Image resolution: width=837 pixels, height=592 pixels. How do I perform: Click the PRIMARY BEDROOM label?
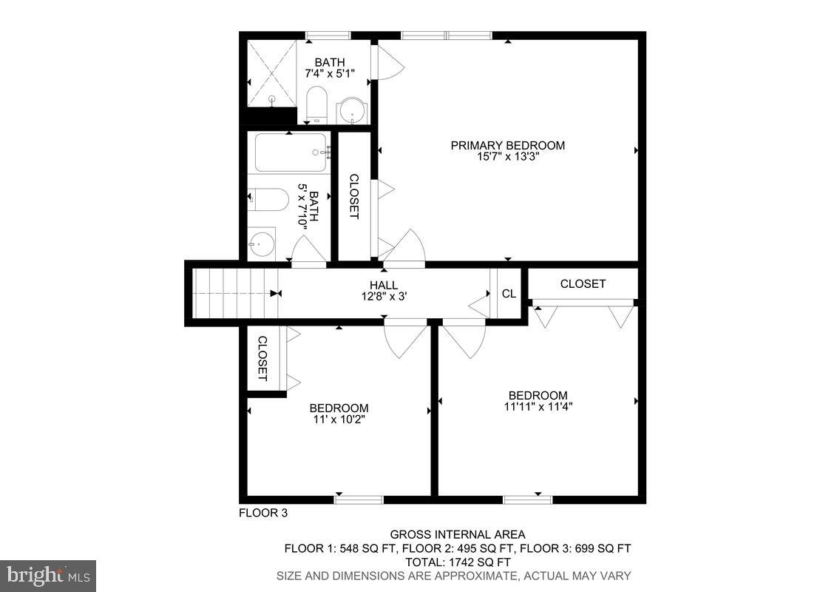(x=507, y=145)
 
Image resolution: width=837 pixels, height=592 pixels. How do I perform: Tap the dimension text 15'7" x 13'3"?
(x=507, y=157)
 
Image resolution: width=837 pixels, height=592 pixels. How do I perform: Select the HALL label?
(x=384, y=285)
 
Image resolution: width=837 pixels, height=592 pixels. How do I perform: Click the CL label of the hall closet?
(x=509, y=293)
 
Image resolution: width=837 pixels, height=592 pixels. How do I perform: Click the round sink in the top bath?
(x=353, y=111)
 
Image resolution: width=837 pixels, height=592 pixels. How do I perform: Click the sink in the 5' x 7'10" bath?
(x=261, y=243)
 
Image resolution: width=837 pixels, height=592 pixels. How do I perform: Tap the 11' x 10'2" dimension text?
(x=339, y=420)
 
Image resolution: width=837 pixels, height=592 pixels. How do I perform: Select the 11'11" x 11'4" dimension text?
(x=538, y=406)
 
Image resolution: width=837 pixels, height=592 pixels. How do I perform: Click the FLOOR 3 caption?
(x=262, y=513)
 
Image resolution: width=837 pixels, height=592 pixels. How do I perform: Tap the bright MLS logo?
(x=48, y=575)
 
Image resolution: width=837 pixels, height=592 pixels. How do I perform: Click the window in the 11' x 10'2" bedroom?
(x=359, y=500)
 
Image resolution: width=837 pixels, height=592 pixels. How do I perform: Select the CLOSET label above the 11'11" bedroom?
(x=583, y=283)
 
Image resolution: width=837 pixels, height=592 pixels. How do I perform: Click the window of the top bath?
(x=328, y=35)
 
